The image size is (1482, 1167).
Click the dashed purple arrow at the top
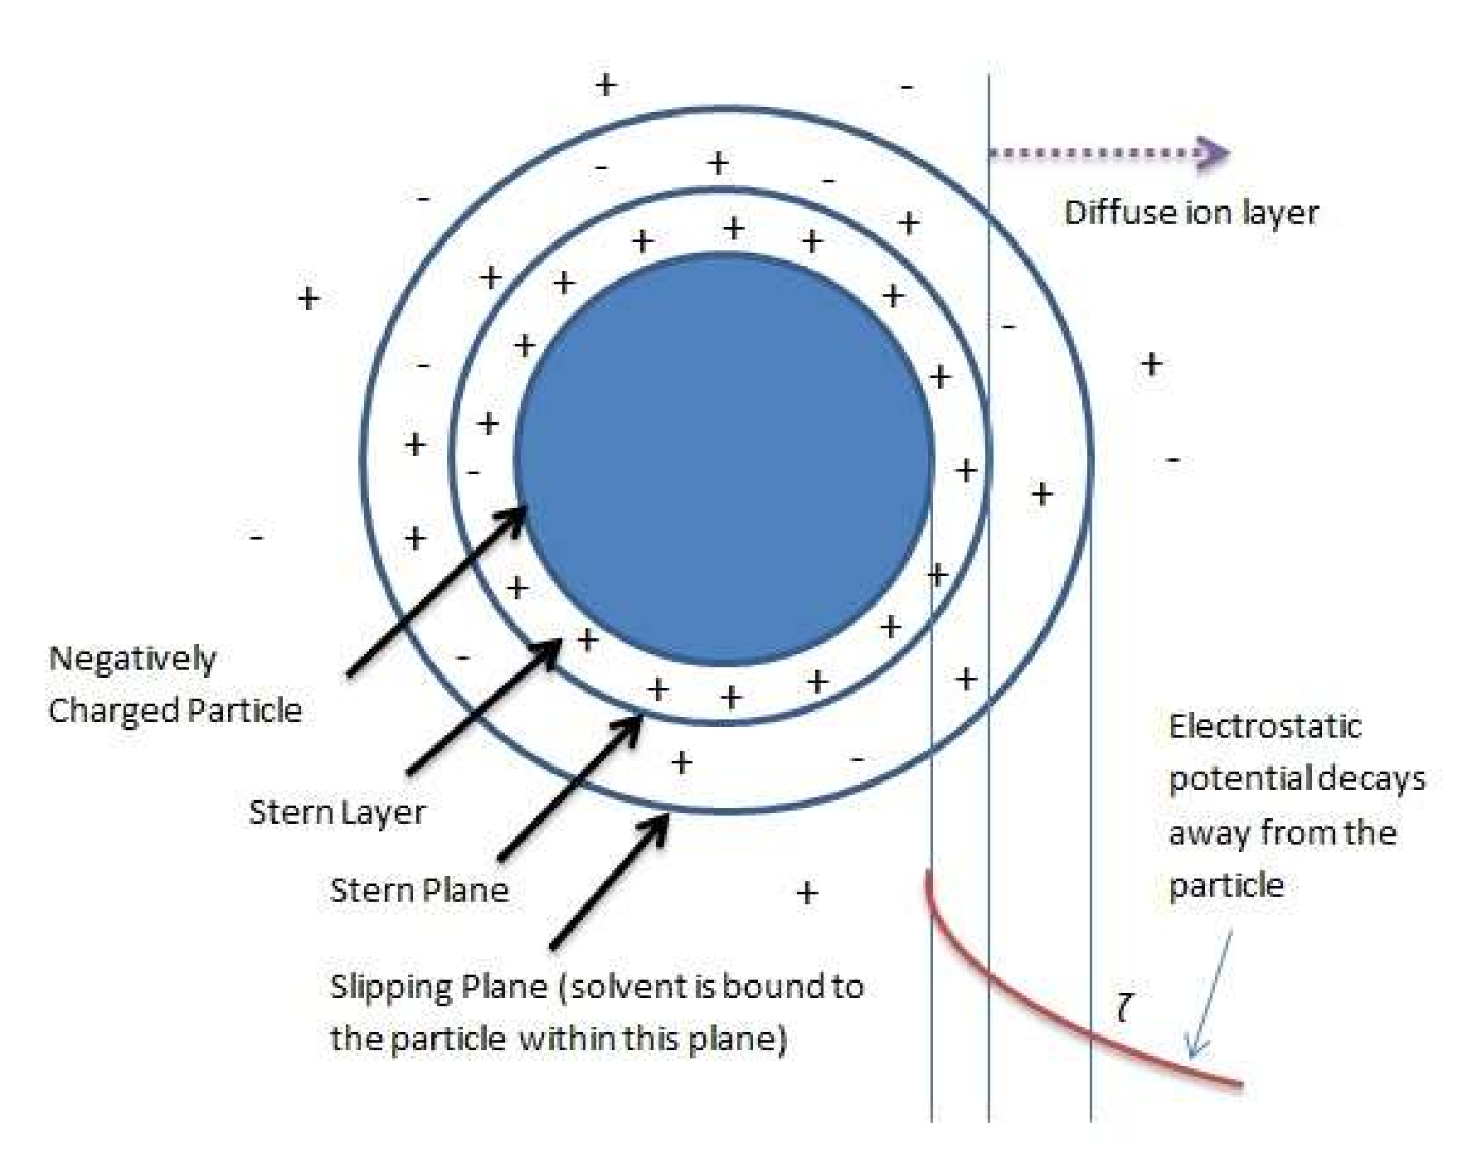[1107, 153]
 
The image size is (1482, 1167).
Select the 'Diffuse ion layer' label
[1191, 213]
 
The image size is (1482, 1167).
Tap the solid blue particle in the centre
[724, 460]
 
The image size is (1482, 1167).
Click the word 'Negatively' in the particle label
[133, 660]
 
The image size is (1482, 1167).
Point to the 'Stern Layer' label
[337, 812]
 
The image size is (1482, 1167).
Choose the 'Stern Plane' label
[419, 890]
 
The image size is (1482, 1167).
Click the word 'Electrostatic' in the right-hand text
[1265, 727]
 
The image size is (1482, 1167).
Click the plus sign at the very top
[606, 85]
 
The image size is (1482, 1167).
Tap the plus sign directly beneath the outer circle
[807, 893]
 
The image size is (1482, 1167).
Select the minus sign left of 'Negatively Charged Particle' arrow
[257, 538]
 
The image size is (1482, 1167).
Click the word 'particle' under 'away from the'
[1226, 886]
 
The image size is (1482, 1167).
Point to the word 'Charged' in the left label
[112, 711]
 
